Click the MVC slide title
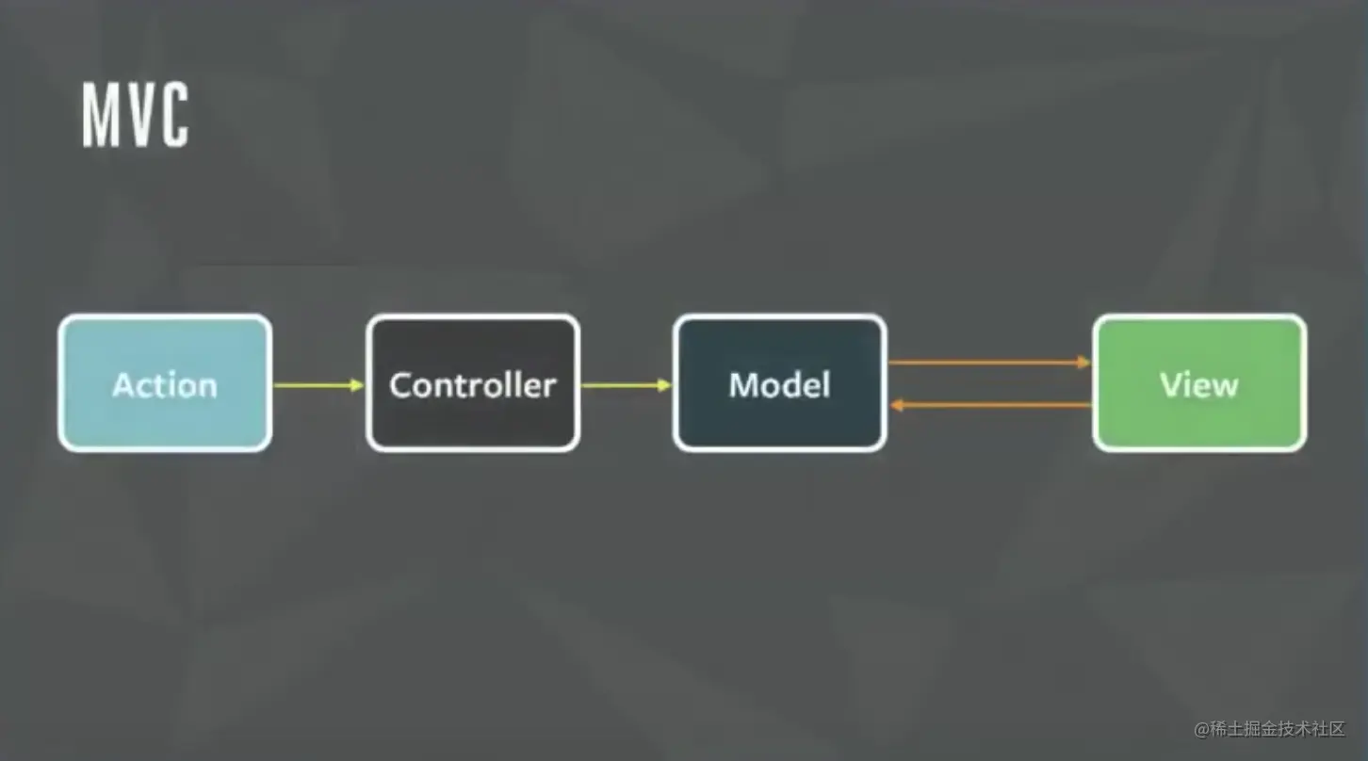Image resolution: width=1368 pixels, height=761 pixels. (135, 115)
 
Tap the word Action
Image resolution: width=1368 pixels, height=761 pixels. (165, 384)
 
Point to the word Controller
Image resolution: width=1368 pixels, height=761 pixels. (472, 384)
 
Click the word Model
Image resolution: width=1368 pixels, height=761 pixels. (779, 384)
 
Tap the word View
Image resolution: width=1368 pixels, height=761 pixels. (1198, 384)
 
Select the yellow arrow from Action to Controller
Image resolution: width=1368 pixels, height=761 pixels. (316, 384)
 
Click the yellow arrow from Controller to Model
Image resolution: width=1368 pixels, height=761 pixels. (624, 384)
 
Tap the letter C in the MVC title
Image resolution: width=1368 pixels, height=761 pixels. (171, 115)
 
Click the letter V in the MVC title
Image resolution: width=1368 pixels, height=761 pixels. (136, 115)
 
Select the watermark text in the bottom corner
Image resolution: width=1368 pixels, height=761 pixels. (1269, 729)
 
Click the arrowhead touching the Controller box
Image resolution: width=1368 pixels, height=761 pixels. (357, 384)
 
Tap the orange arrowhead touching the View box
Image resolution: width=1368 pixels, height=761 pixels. (1084, 362)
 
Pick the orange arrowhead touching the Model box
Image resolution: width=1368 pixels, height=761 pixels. (896, 405)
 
